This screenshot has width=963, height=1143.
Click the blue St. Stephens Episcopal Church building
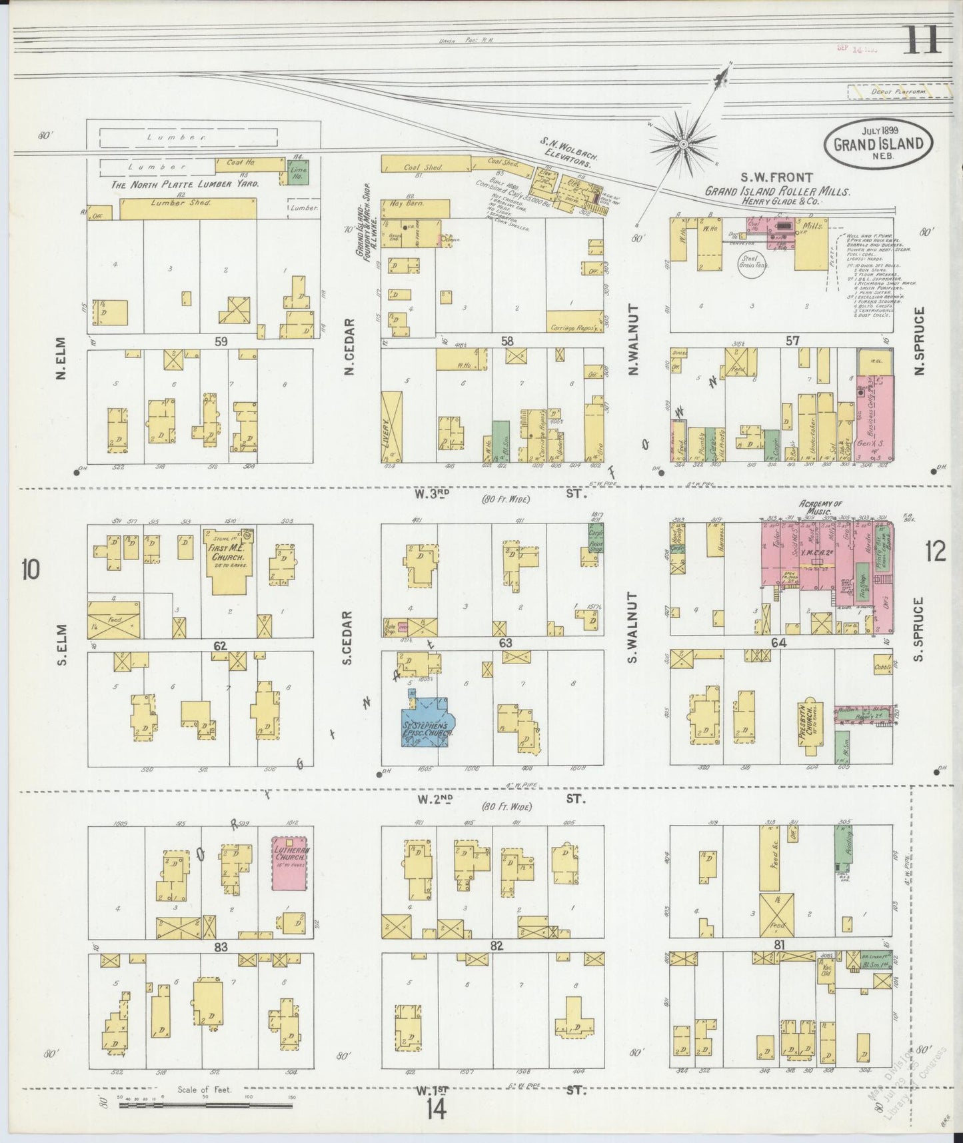(x=427, y=724)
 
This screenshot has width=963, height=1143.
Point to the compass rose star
(x=684, y=143)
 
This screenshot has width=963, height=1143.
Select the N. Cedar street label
(x=350, y=347)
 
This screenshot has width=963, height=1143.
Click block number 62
(x=221, y=646)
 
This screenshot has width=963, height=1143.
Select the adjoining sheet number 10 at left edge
(x=31, y=570)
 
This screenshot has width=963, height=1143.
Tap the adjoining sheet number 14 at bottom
(x=437, y=1110)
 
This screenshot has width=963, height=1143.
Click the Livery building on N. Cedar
(x=393, y=427)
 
